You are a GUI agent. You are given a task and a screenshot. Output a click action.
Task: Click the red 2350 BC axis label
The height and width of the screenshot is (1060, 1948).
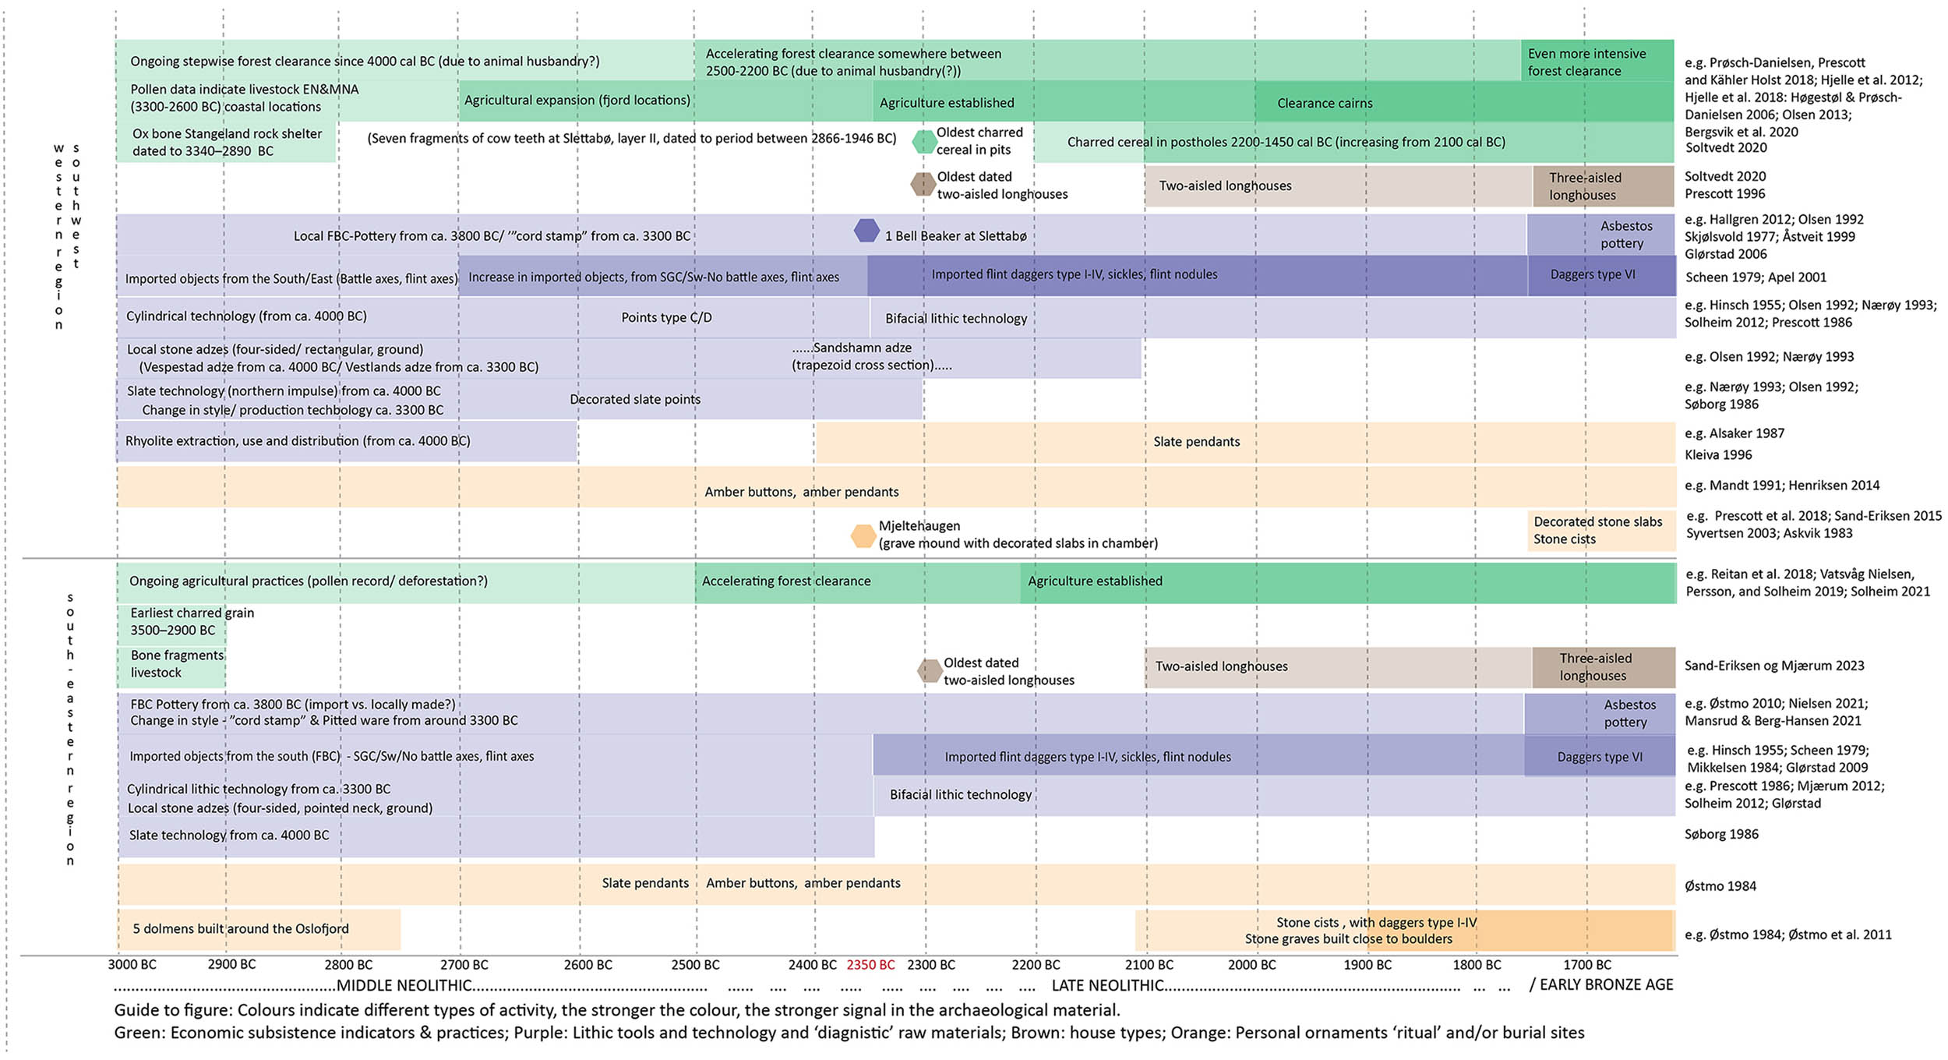pyautogui.click(x=870, y=965)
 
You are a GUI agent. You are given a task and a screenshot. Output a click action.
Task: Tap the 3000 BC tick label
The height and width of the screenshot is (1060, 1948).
pyautogui.click(x=132, y=965)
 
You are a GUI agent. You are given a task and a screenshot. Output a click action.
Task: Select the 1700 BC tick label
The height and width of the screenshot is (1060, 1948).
pyautogui.click(x=1586, y=965)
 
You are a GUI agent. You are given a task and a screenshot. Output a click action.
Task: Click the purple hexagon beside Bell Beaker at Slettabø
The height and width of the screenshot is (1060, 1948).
pyautogui.click(x=866, y=231)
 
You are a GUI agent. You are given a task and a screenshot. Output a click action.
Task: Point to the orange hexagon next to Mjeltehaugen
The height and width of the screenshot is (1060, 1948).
pyautogui.click(x=863, y=536)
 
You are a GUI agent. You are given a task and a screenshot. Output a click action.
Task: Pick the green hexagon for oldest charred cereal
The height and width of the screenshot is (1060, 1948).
pyautogui.click(x=924, y=142)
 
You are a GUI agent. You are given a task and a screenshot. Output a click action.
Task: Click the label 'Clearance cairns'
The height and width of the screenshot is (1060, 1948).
pyautogui.click(x=1325, y=104)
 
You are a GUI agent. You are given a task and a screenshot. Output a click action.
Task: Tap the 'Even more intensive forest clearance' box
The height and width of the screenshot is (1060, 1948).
pyautogui.click(x=1597, y=62)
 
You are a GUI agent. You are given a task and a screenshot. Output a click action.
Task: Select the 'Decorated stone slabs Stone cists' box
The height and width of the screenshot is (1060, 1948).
pyautogui.click(x=1600, y=531)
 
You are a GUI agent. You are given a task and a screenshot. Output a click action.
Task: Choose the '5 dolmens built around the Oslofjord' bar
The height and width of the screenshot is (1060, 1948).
pyautogui.click(x=259, y=929)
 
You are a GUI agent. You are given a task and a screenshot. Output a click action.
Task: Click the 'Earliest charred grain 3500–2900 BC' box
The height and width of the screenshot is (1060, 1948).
pyautogui.click(x=172, y=622)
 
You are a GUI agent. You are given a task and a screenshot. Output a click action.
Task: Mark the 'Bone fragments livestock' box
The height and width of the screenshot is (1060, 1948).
pyautogui.click(x=172, y=665)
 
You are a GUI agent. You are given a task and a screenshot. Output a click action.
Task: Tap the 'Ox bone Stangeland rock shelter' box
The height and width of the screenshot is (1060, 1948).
pyautogui.click(x=226, y=142)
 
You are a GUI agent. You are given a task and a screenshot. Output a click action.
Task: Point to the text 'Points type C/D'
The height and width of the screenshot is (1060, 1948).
pyautogui.click(x=666, y=318)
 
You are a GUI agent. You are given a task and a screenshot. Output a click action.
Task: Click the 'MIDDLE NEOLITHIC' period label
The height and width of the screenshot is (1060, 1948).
pyautogui.click(x=404, y=986)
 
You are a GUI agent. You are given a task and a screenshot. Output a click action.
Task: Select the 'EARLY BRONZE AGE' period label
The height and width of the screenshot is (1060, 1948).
pyautogui.click(x=1606, y=985)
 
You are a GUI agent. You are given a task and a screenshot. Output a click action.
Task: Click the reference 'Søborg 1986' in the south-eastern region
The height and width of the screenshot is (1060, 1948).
pyautogui.click(x=1721, y=835)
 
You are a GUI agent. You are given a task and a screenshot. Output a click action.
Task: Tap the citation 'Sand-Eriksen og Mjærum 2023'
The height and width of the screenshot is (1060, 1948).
pyautogui.click(x=1774, y=666)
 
